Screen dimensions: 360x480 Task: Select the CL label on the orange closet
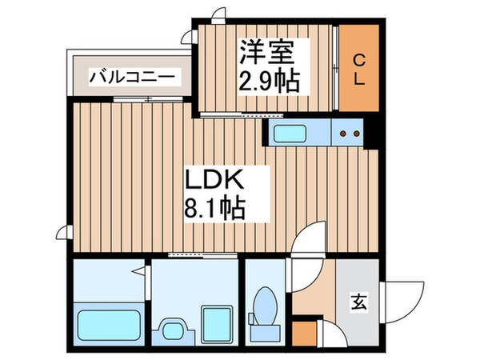pyautogui.click(x=359, y=70)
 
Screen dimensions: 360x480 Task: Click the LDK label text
pyautogui.click(x=211, y=178)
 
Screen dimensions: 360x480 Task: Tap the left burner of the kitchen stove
pyautogui.click(x=342, y=134)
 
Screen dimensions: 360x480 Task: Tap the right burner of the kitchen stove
pyautogui.click(x=353, y=134)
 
